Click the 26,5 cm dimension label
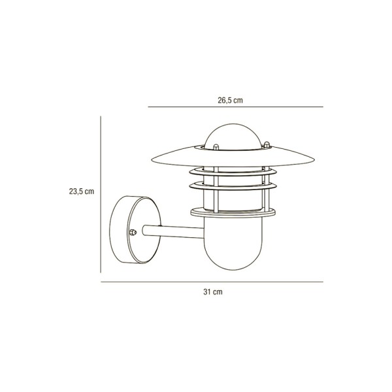[230, 100]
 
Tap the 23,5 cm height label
[82, 191]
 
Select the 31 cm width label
[213, 292]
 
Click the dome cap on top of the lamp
[233, 137]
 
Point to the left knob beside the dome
[216, 147]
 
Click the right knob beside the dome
[267, 144]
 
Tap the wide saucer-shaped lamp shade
[233, 157]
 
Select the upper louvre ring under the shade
[233, 172]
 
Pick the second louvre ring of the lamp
[233, 186]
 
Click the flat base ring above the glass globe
[233, 213]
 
